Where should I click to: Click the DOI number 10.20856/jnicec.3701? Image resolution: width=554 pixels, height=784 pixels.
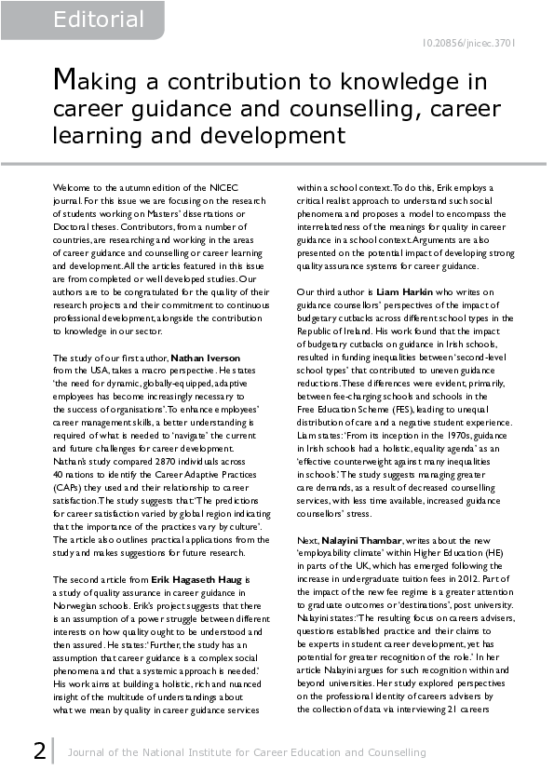point(469,43)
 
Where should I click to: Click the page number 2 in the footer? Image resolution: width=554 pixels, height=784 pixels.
point(39,750)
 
